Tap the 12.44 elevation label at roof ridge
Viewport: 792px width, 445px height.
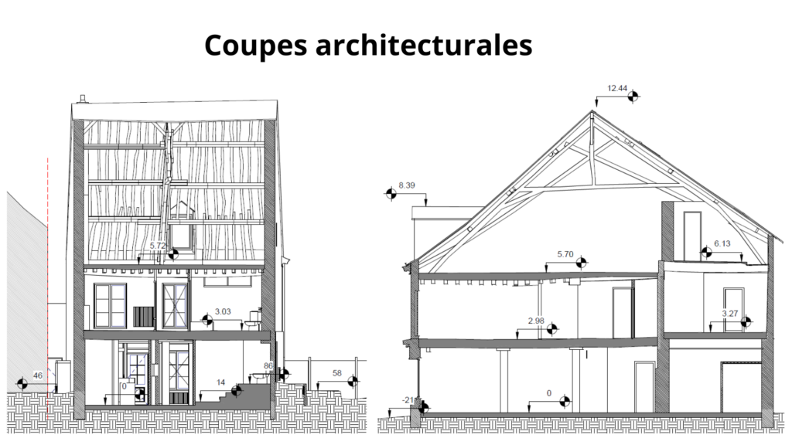[x=616, y=89]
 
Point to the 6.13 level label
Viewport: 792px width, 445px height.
[x=722, y=243]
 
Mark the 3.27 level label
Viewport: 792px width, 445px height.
[x=729, y=314]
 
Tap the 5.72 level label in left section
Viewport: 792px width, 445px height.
[x=158, y=246]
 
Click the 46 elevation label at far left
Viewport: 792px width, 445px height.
[x=38, y=375]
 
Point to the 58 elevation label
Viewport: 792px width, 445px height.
[x=336, y=373]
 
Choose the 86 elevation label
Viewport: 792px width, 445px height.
[x=268, y=365]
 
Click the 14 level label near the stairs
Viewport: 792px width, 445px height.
[x=220, y=382]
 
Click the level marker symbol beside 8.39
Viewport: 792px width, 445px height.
[x=391, y=194]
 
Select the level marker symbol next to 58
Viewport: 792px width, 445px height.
[x=353, y=381]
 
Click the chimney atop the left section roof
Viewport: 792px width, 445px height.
[x=81, y=98]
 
